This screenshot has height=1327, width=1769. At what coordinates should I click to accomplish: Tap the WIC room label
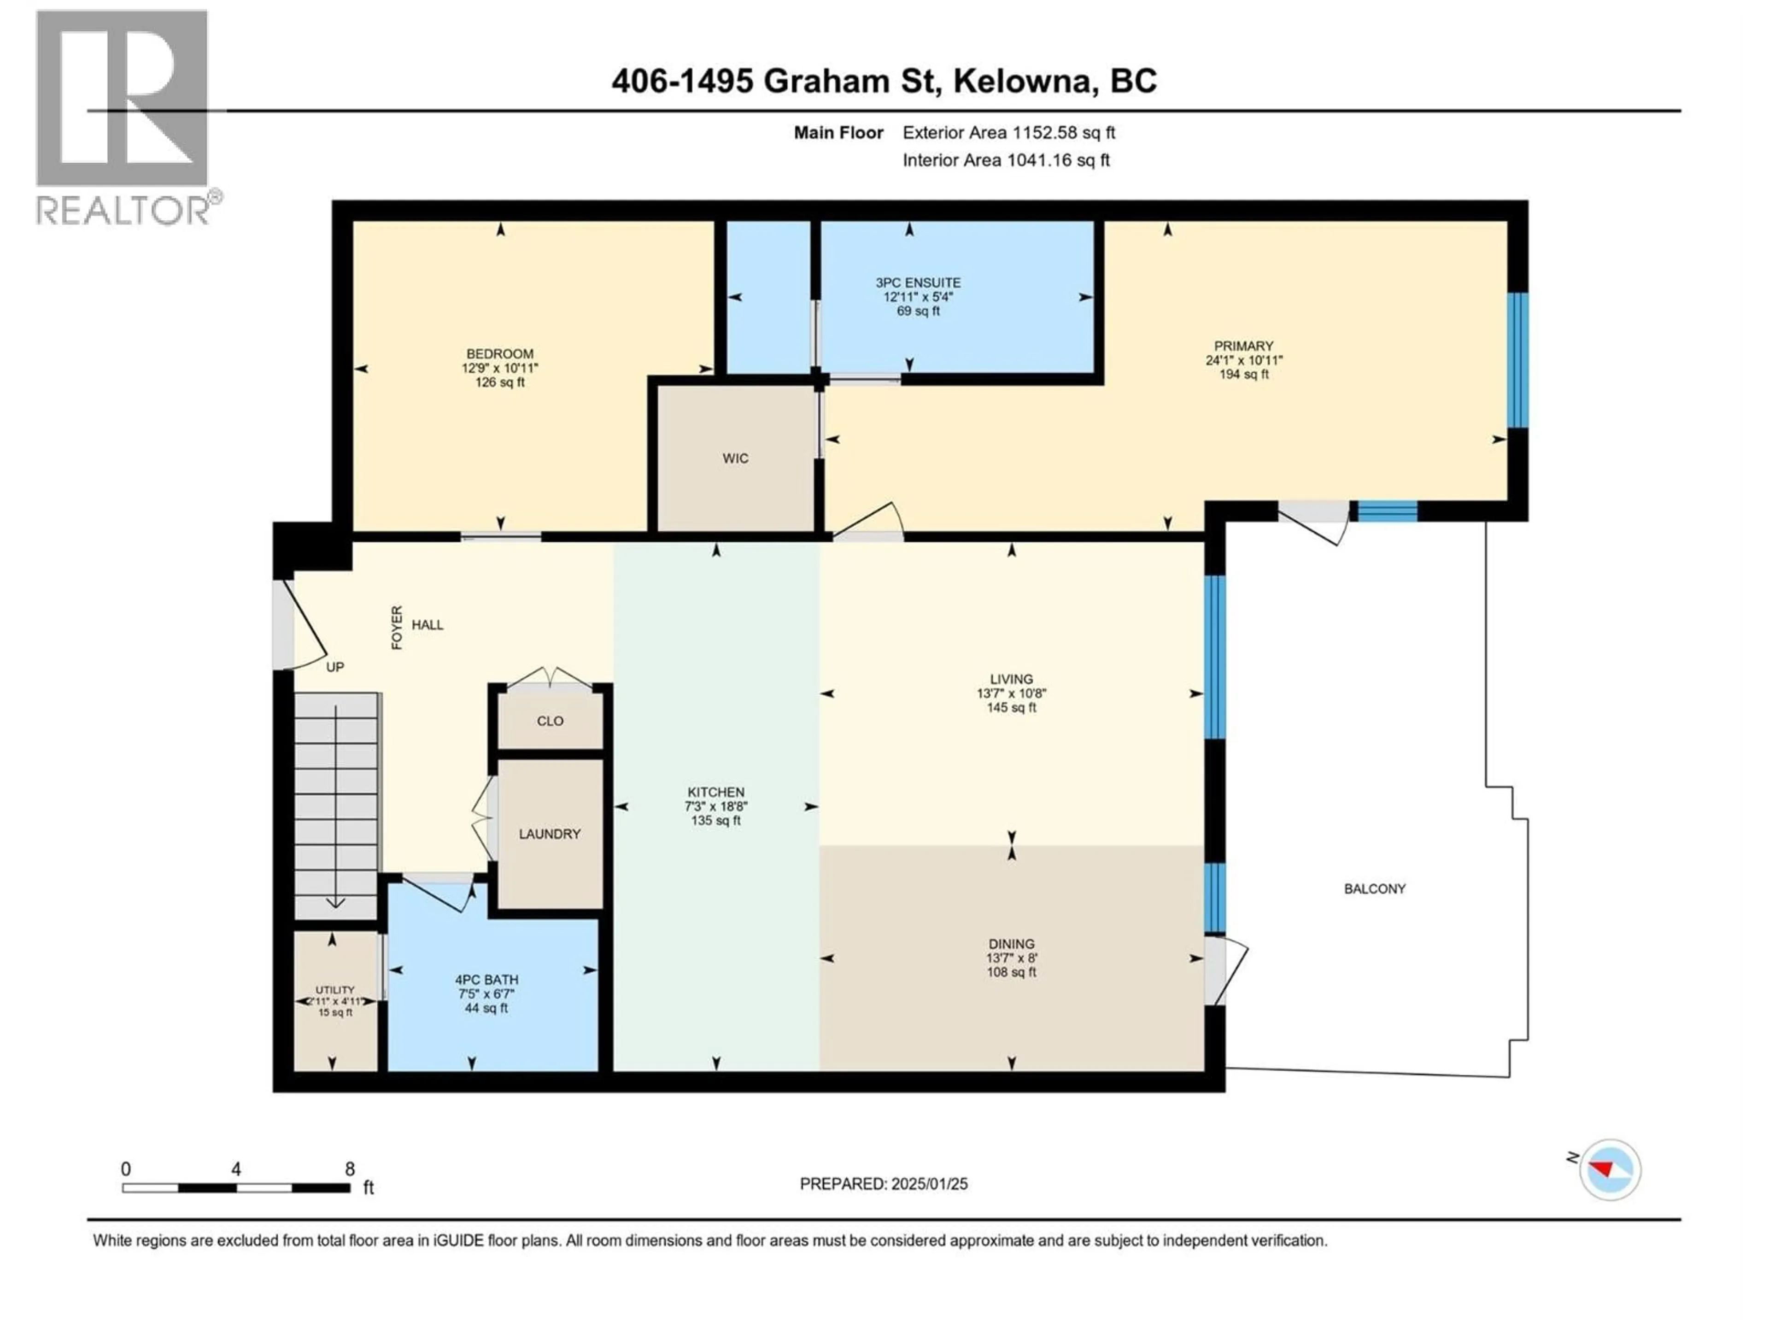[x=735, y=458]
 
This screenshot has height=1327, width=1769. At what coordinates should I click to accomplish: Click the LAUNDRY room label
[x=550, y=834]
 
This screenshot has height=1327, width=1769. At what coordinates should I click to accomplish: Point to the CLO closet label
[x=550, y=721]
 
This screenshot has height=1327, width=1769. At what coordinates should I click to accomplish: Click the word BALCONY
[x=1374, y=889]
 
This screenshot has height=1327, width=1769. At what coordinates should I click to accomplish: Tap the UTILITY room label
[x=334, y=990]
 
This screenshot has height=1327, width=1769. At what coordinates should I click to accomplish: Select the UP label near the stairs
[x=335, y=667]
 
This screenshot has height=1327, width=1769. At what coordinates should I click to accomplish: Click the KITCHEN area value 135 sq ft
[x=716, y=821]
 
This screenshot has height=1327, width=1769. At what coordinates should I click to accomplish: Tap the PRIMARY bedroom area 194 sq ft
[x=1243, y=374]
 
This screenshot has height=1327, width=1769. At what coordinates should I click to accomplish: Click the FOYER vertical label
[x=397, y=627]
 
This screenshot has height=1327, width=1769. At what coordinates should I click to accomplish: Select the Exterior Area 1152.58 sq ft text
[x=1008, y=133]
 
